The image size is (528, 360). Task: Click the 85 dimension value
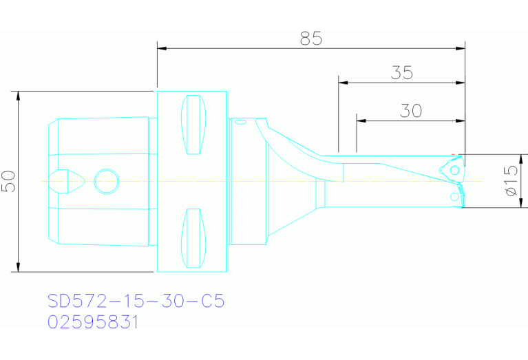pos(311,39)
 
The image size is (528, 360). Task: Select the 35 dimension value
pos(401,72)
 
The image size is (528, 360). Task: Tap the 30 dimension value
pos(411,111)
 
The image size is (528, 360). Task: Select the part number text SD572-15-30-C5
pos(136,301)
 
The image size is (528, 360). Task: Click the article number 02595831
pos(94,322)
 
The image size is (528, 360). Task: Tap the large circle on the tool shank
pos(106,181)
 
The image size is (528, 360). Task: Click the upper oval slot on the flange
pos(193,125)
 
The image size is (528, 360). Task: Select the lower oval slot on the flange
pos(193,238)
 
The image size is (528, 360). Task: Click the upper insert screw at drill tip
pos(455,169)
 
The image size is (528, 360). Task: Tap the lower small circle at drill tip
pos(454,197)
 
